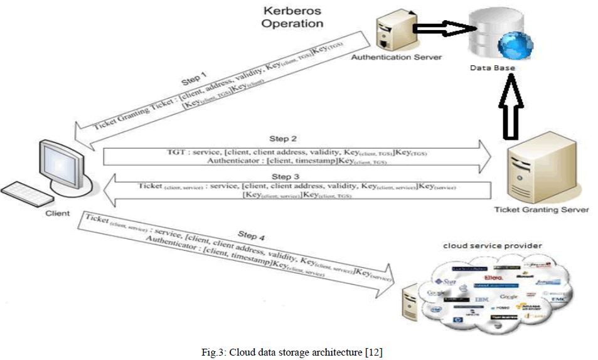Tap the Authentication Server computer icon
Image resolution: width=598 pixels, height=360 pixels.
[x=392, y=32]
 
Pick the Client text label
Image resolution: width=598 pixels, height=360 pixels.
[x=58, y=214]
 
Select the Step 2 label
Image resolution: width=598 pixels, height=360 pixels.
[x=283, y=138]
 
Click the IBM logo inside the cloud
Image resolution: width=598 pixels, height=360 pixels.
[x=481, y=300]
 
